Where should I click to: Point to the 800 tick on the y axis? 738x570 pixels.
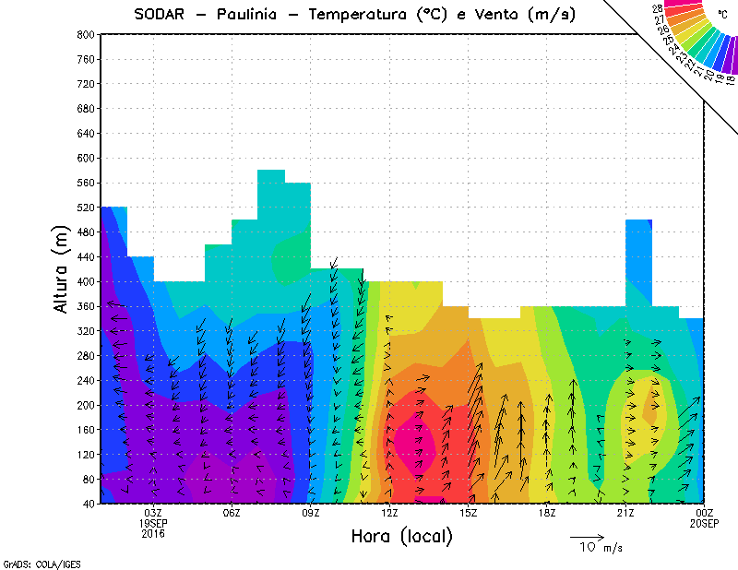pos(85,34)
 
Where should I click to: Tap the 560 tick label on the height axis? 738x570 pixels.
pos(85,183)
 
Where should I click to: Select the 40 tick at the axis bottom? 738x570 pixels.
pos(88,505)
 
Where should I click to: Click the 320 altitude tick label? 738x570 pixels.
pos(85,331)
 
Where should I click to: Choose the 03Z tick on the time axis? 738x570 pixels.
pos(153,513)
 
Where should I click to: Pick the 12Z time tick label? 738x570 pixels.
pos(389,513)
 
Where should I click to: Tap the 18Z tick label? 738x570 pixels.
pos(547,513)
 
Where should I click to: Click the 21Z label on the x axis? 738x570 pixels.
pos(625,513)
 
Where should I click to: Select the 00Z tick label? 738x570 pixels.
pos(705,513)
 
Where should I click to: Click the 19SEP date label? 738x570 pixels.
pos(153,523)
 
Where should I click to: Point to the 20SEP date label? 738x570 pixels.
pos(705,523)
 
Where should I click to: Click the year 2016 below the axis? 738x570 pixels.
pos(153,533)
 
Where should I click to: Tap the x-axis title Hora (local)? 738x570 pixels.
pos(401,537)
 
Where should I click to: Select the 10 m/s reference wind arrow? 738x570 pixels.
pos(586,536)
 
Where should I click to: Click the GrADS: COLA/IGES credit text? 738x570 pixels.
pos(35,563)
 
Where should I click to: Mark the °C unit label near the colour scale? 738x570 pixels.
pos(722,14)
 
